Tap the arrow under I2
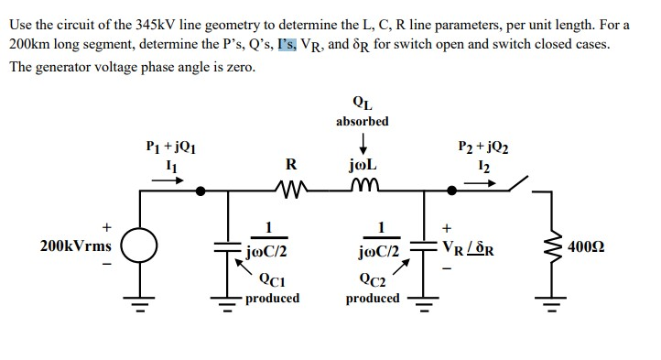[483, 180]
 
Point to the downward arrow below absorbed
[363, 144]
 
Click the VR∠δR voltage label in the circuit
[471, 246]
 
